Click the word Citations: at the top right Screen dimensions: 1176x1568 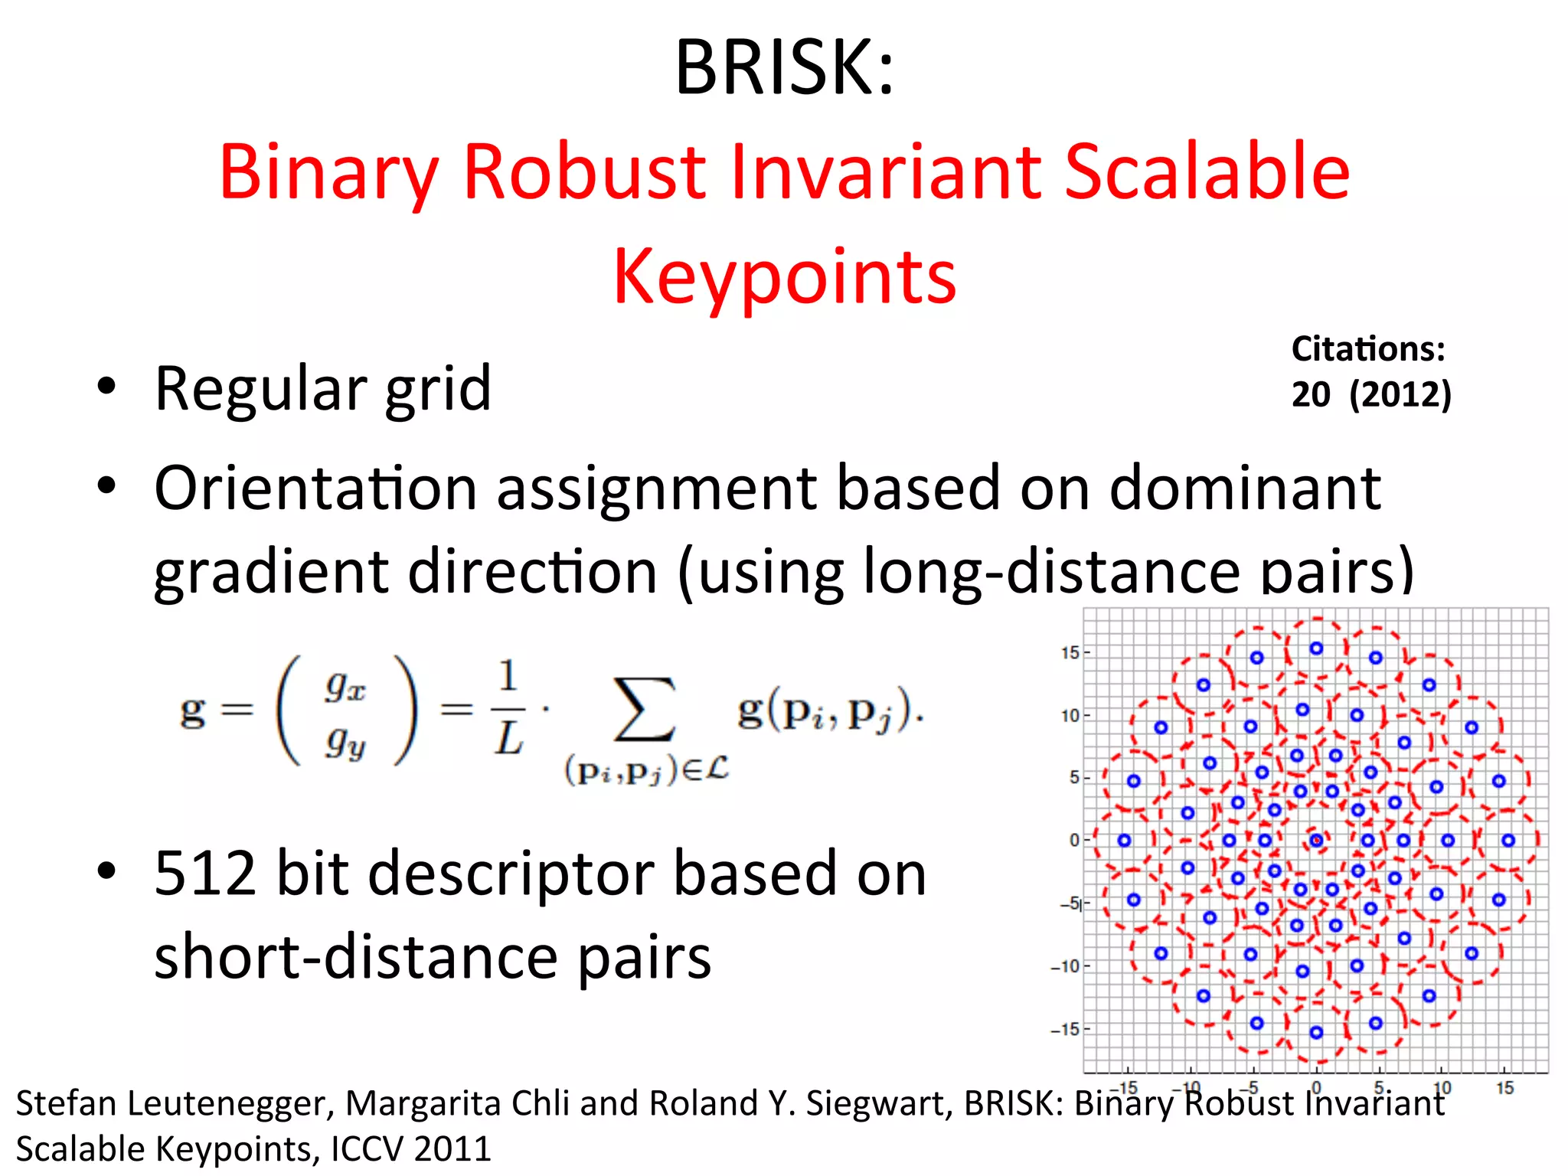point(1368,349)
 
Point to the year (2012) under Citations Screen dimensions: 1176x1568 point(1400,394)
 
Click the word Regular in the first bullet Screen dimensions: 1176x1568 point(260,389)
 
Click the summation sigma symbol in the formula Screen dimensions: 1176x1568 point(645,710)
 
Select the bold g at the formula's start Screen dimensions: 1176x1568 point(192,712)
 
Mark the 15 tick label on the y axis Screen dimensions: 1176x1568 point(1070,653)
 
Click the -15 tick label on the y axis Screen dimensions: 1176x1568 point(1065,1029)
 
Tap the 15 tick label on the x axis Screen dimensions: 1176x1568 point(1504,1087)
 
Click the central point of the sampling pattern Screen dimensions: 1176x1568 point(1316,840)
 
